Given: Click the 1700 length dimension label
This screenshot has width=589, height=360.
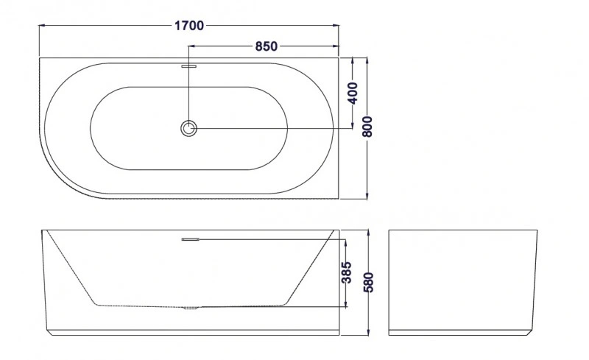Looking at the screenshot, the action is tap(189, 26).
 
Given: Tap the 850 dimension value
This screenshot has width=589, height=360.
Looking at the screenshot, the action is tap(267, 46).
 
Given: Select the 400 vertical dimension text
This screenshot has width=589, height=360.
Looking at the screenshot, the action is tap(353, 93).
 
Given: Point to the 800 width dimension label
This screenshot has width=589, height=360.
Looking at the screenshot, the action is tap(367, 127).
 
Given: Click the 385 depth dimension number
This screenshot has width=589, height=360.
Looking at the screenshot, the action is tap(346, 272).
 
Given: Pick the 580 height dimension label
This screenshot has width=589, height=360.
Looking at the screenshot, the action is tap(369, 283).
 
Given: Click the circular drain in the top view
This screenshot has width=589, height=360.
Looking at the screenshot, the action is tap(188, 128).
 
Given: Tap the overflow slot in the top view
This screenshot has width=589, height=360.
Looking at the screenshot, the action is tap(189, 66).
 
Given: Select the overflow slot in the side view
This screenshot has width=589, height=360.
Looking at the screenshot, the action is tap(191, 239).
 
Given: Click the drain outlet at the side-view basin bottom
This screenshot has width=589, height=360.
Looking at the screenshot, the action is tap(190, 308).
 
